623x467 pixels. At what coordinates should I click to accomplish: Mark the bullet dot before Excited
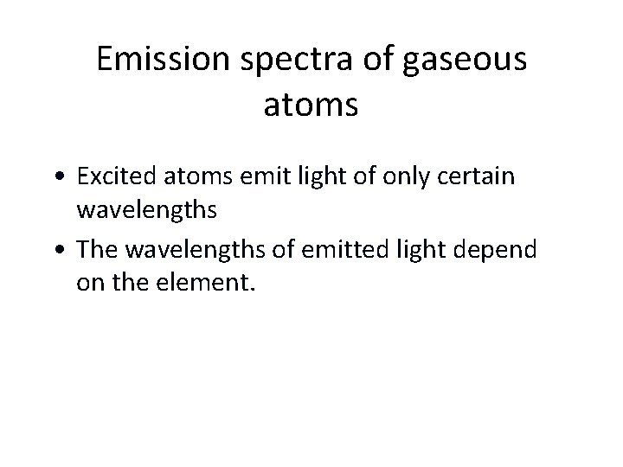click(67, 178)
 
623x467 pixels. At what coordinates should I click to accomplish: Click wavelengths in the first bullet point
click(147, 211)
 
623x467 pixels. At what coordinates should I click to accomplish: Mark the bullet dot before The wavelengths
click(67, 251)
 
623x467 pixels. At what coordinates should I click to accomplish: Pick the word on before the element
click(89, 284)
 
